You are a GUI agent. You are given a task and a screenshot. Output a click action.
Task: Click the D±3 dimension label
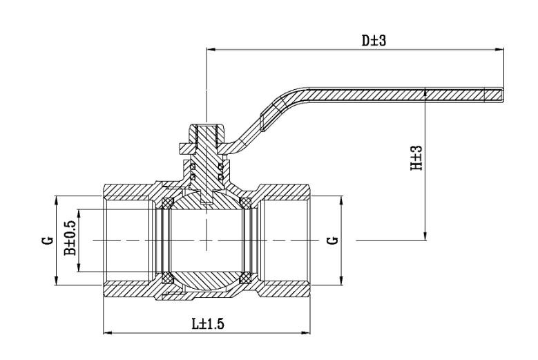374,40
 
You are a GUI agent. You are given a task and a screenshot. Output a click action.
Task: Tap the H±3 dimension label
416,164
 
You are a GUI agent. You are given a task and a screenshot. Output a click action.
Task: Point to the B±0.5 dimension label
70,240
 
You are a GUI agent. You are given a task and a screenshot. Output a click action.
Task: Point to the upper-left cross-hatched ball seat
166,202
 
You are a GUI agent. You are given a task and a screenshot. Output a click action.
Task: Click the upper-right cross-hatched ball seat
244,202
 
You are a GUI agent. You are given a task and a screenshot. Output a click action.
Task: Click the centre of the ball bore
206,240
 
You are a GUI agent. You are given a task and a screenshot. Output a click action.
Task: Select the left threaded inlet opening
128,240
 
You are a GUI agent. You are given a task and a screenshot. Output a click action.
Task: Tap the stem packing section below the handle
206,172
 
